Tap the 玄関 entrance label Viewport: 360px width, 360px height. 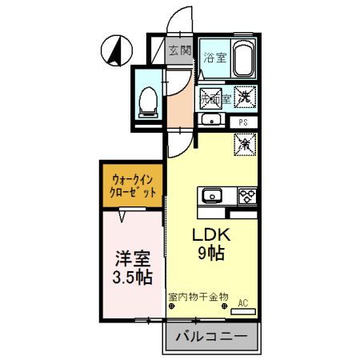tap(179, 50)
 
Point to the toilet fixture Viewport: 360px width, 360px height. tap(147, 100)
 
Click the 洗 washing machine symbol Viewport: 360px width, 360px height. tap(244, 94)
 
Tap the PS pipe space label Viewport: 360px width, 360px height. tap(243, 121)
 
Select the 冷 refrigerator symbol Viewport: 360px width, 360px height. tap(244, 145)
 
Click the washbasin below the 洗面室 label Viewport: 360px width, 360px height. tap(212, 120)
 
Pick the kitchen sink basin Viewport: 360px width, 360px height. tap(214, 194)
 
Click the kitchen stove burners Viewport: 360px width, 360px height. tap(245, 194)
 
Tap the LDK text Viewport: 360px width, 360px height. tap(210, 236)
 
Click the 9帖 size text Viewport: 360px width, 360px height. tap(211, 254)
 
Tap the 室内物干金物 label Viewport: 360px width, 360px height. tap(198, 296)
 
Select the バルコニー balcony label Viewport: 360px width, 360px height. tap(210, 336)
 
